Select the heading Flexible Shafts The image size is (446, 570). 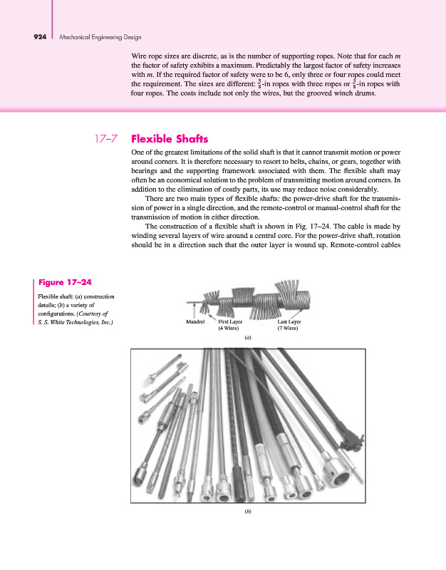tap(170, 138)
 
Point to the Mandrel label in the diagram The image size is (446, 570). tap(195, 321)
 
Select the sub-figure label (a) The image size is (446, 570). tap(247, 339)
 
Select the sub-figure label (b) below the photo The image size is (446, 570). tap(247, 510)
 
